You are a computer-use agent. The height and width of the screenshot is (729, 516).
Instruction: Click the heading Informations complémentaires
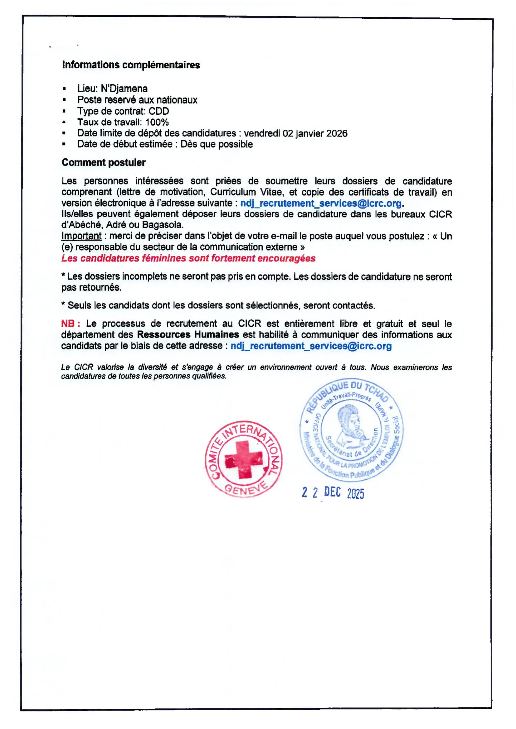131,65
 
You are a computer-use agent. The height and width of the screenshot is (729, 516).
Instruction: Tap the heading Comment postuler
104,162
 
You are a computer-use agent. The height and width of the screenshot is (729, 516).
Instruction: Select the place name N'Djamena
124,88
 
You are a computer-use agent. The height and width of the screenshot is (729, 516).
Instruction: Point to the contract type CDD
158,111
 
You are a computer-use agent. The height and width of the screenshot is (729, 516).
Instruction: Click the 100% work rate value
157,122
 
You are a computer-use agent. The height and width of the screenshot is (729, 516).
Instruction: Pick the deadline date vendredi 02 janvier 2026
295,133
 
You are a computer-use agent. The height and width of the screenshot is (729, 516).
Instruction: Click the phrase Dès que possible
217,144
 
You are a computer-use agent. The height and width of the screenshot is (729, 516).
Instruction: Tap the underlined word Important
81,236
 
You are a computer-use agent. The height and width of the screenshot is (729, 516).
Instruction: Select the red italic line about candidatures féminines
188,258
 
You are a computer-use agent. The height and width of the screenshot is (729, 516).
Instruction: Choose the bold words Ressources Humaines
188,335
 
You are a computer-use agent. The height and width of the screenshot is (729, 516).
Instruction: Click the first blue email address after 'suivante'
321,203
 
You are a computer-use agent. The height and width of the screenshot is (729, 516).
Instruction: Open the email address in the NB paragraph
311,346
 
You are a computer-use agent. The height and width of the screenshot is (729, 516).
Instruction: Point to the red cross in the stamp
244,459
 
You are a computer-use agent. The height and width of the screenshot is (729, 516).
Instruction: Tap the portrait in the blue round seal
349,425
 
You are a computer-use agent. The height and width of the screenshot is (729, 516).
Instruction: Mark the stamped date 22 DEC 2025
333,493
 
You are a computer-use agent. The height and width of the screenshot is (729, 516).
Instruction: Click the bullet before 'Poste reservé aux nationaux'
64,100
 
